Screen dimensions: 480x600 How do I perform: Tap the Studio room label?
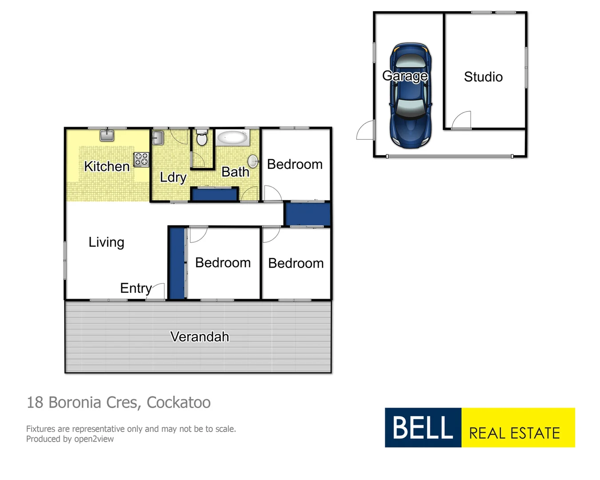pos(483,77)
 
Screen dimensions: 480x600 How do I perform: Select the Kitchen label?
pos(107,166)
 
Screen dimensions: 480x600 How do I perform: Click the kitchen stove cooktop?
pos(141,159)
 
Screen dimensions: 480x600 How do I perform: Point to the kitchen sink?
pos(107,135)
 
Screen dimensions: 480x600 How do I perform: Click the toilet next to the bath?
pos(202,138)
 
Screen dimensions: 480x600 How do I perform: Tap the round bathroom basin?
pos(253,161)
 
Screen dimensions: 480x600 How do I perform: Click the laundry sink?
pos(158,138)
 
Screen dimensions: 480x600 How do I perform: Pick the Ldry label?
pos(173,177)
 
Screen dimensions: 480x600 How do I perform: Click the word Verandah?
pos(200,337)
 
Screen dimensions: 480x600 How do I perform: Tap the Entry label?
pos(136,288)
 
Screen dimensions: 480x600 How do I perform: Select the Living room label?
pos(106,242)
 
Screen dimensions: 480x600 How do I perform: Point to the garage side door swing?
pos(365,131)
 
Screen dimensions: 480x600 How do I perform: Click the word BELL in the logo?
pos(423,428)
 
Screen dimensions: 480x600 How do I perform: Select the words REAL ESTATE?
pos(515,433)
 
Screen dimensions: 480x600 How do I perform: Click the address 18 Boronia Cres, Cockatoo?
pos(119,402)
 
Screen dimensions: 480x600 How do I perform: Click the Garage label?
pos(405,76)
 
